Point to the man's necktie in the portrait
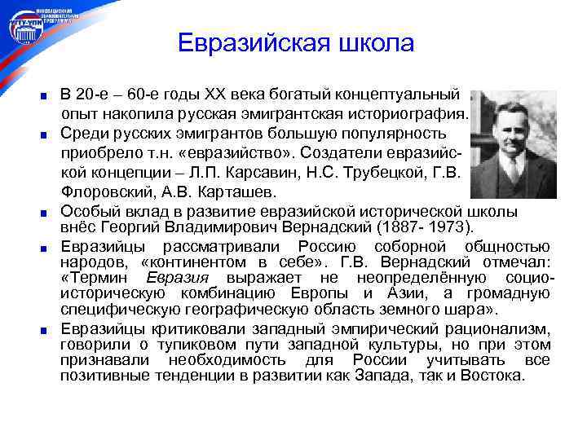click(x=514, y=170)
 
